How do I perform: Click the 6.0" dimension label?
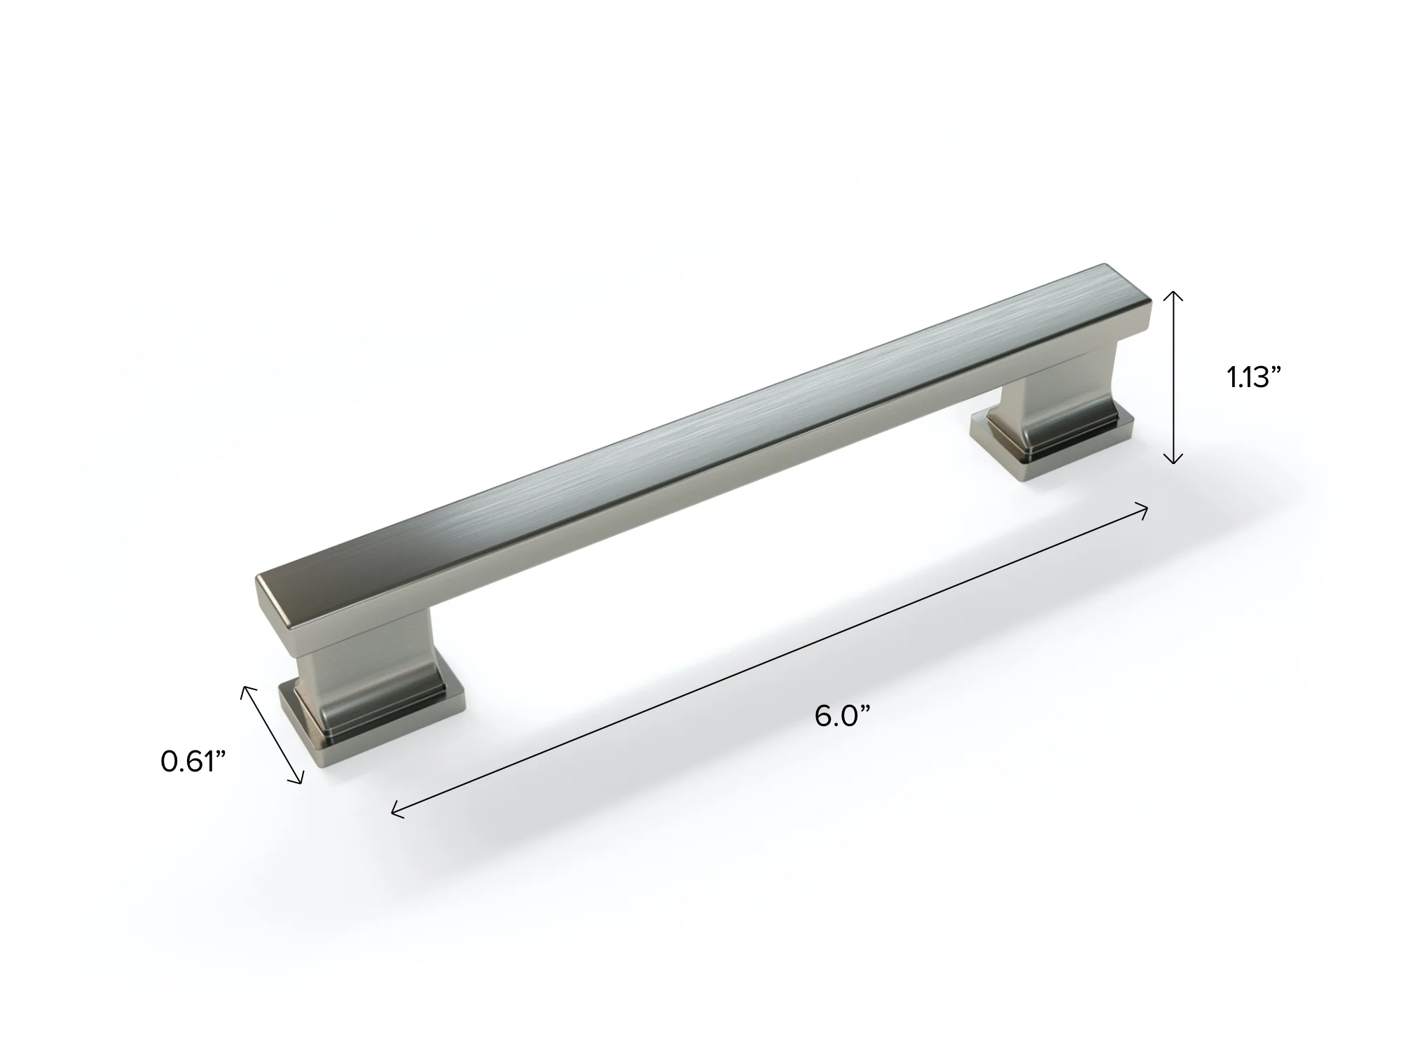pos(842,716)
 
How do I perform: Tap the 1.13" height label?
pos(1253,378)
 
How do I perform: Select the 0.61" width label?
pos(193,762)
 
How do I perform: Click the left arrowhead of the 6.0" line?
pos(397,808)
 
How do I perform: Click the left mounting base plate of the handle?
pos(371,728)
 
